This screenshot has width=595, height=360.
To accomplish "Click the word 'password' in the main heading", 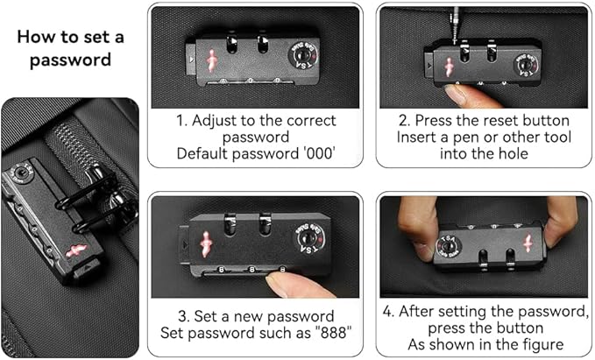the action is tap(71, 60).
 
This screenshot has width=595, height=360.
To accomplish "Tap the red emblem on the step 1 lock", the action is tap(211, 60).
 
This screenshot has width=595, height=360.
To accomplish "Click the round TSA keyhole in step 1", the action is tap(302, 55).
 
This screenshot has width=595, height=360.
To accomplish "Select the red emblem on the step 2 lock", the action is tap(450, 67).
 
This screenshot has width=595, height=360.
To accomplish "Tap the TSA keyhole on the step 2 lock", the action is tap(525, 65).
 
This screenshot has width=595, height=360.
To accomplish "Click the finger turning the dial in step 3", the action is tap(296, 286).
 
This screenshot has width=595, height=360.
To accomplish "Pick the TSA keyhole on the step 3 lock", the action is tap(308, 239).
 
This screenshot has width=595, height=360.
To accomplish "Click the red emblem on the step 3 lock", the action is tap(206, 244).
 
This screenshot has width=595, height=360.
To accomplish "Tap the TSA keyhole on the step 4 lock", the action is tap(449, 247).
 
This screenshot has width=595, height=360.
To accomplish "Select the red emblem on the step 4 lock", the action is tap(528, 244).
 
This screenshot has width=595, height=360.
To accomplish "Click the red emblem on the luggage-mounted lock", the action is tap(76, 251).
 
